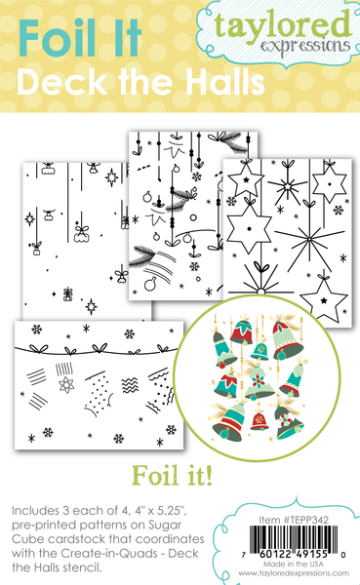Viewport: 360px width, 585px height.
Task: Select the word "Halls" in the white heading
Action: click(x=225, y=82)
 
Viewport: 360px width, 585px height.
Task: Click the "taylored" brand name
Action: click(x=283, y=26)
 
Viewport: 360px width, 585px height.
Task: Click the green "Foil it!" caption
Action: click(x=172, y=476)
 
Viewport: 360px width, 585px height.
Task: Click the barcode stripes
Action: click(x=294, y=536)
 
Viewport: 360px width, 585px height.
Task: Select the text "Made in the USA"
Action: click(x=294, y=565)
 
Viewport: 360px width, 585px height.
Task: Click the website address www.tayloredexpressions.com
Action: click(x=294, y=573)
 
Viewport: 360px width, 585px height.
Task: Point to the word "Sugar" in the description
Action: click(x=165, y=526)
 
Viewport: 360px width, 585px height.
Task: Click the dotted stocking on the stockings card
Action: click(x=99, y=394)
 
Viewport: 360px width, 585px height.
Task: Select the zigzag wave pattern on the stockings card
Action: click(x=130, y=385)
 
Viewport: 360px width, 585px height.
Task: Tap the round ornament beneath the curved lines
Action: click(x=150, y=285)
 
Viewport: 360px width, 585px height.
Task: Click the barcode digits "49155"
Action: click(x=311, y=554)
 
